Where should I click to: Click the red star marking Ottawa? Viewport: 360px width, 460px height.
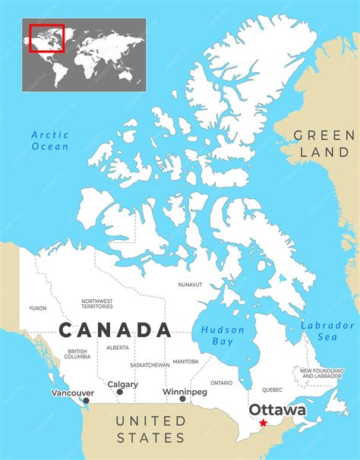pos(263,423)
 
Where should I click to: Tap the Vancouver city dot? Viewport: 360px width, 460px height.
pos(86,401)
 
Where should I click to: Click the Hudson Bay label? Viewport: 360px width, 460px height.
pos(223,336)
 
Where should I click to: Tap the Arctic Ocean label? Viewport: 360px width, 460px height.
pos(50,140)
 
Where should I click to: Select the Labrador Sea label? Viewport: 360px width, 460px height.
pos(328,331)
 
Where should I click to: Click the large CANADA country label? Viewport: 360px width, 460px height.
pos(115,330)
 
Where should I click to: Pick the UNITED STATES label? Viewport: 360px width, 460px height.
pos(151,429)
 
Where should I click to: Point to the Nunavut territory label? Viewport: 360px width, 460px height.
pos(190,285)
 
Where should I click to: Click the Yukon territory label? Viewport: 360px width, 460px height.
pos(37,308)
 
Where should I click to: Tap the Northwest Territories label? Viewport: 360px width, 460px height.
pos(96,304)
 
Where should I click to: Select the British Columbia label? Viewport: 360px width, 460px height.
pos(77,354)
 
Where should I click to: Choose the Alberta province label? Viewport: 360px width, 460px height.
pos(118,348)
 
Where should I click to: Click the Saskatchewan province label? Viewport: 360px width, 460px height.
pos(150,365)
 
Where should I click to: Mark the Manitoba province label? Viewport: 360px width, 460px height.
pos(186,361)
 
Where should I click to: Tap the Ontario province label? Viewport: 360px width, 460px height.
pos(222,383)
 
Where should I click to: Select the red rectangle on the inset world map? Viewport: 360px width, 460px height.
pos(46,39)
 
